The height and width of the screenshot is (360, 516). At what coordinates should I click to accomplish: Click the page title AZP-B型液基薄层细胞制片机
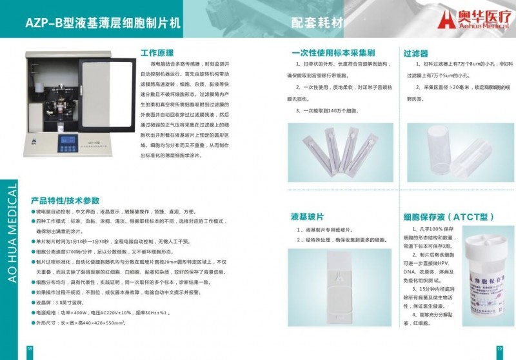tap(103, 22)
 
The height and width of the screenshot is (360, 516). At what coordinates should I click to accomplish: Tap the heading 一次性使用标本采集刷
tap(333, 54)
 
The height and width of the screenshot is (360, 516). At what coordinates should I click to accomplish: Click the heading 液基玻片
tap(307, 217)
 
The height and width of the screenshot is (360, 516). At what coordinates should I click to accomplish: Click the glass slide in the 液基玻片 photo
tap(341, 290)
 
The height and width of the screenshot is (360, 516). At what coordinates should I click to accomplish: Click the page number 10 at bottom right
tap(499, 349)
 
